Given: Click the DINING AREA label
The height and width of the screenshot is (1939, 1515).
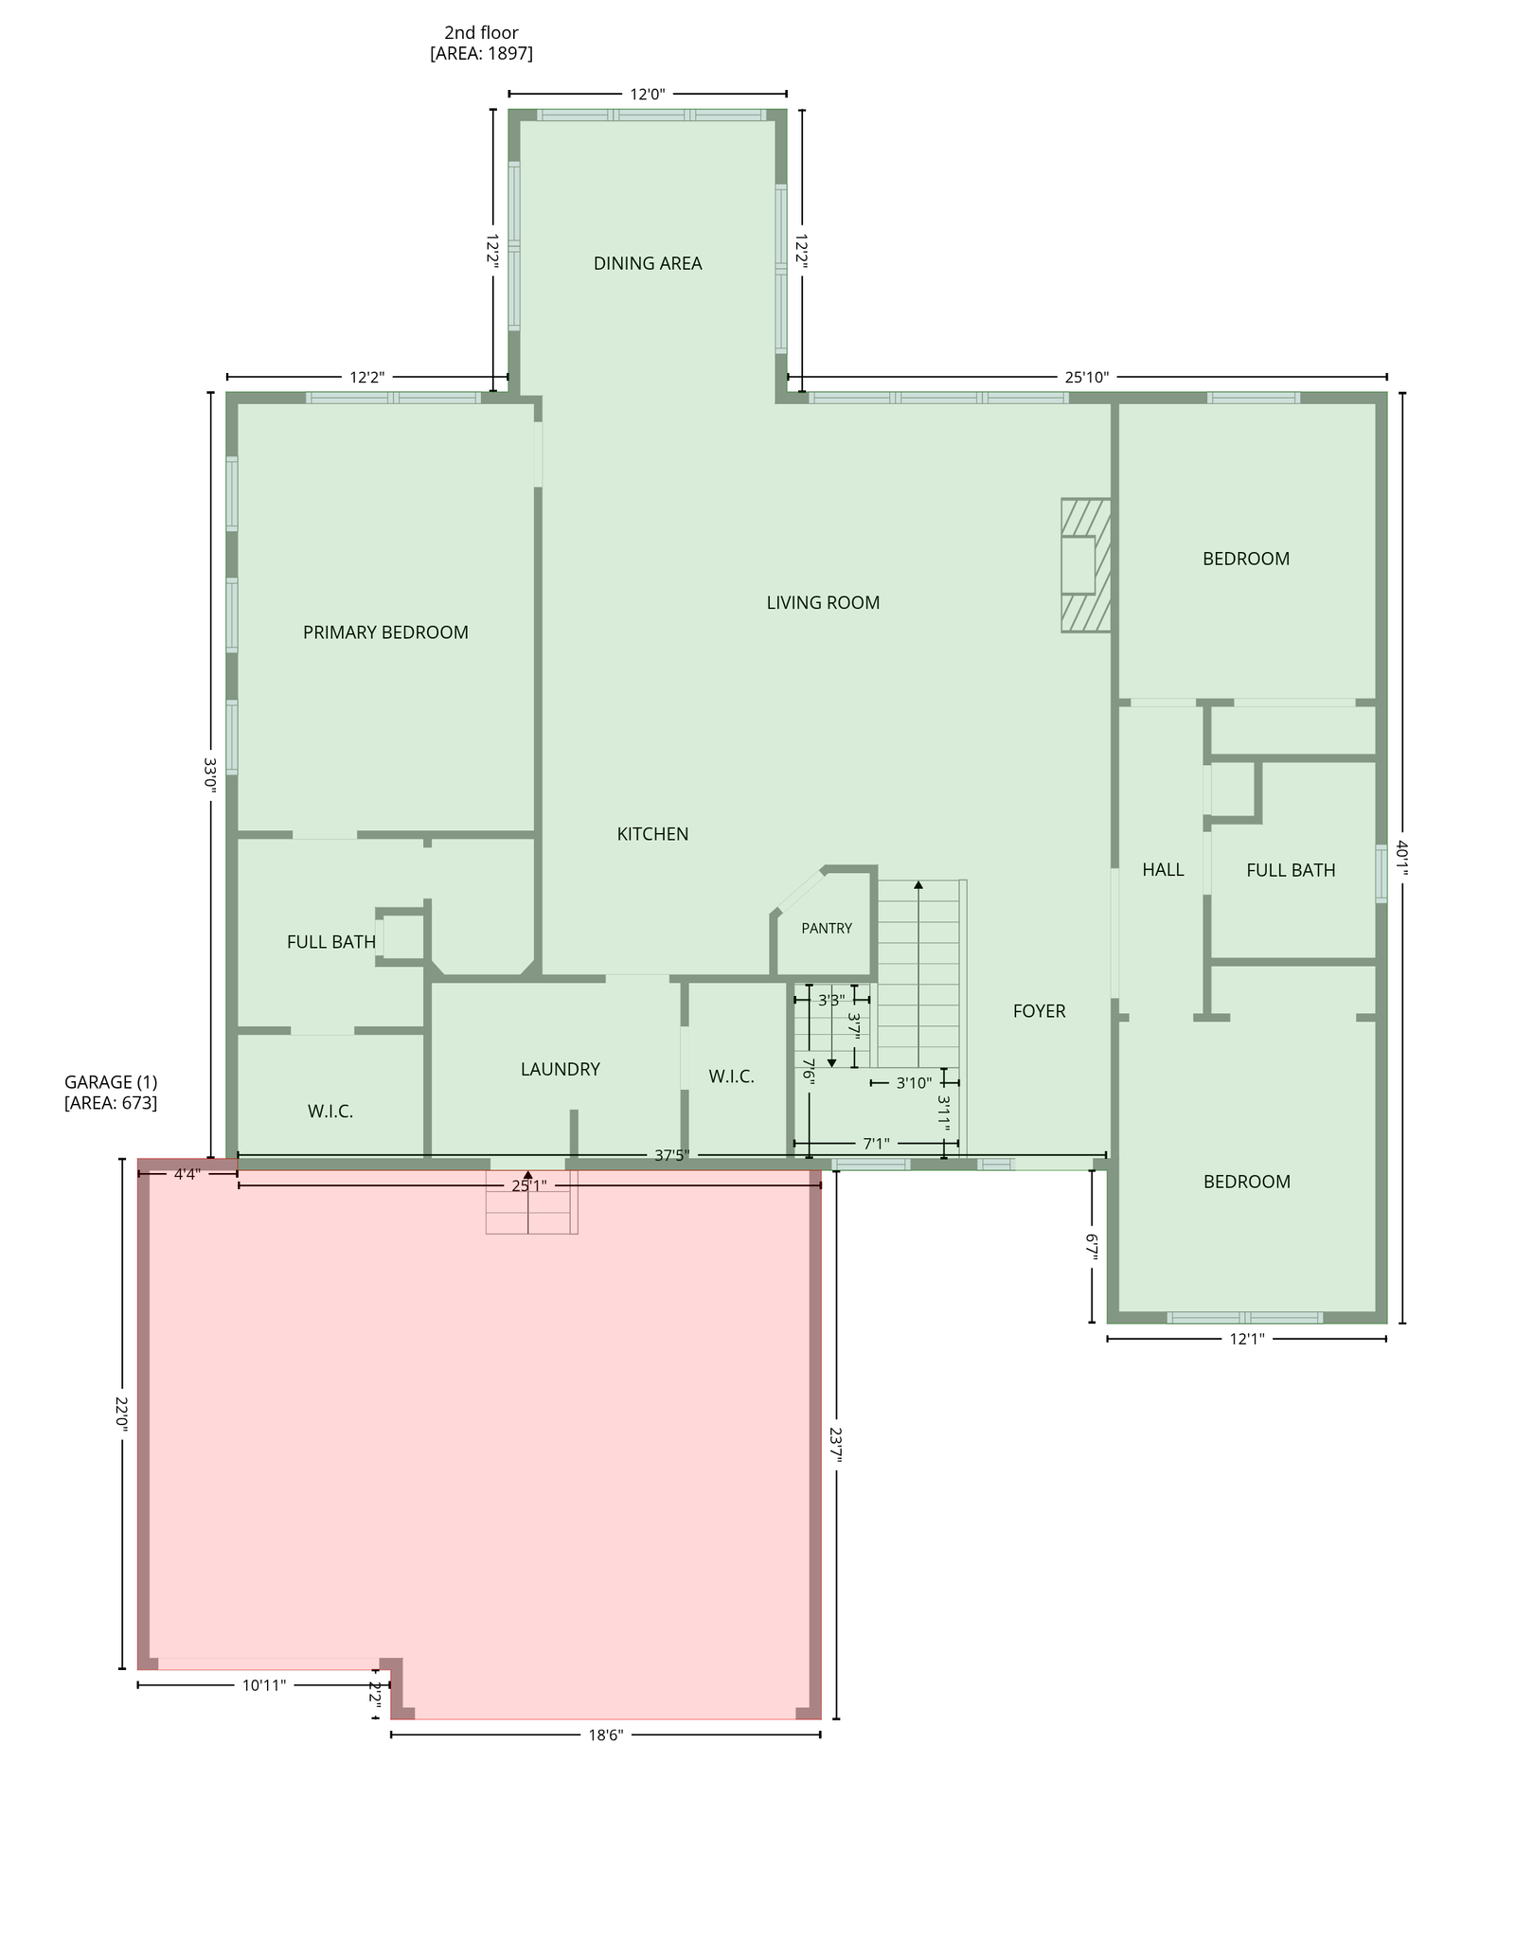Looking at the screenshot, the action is click(648, 263).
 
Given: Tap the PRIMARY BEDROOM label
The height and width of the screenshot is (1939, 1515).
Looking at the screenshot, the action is click(385, 632).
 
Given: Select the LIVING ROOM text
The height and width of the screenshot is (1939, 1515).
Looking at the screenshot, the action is click(823, 602).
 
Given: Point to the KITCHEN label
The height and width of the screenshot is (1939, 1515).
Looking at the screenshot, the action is click(652, 834).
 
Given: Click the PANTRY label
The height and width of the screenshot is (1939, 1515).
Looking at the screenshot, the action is click(827, 929).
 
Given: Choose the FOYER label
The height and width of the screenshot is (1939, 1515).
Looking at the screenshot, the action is click(1039, 1011).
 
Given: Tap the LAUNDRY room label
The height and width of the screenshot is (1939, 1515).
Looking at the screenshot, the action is click(561, 1069).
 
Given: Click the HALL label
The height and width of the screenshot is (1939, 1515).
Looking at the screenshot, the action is click(1163, 869).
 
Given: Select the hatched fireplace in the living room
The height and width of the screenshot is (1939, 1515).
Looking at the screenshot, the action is click(1085, 565).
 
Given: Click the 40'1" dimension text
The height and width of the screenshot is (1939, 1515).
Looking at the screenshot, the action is click(1401, 859).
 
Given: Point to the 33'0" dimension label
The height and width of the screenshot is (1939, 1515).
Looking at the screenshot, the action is click(210, 774).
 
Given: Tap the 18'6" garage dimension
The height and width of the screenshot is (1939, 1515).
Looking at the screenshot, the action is click(605, 1734).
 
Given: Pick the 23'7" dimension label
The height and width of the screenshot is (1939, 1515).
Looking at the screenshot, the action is click(835, 1446).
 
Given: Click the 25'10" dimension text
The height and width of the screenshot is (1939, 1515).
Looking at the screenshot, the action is click(1086, 377).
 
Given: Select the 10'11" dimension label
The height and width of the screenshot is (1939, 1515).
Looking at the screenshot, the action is click(264, 1685).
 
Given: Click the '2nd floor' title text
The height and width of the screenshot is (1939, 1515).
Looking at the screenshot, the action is click(481, 33).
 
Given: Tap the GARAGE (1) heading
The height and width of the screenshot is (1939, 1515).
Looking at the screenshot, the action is click(111, 1082).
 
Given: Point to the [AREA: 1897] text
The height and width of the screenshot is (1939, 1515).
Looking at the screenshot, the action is click(481, 54).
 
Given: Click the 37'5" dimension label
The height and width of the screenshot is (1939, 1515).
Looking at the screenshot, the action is click(671, 1155).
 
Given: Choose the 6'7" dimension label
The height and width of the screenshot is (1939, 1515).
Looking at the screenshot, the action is click(1092, 1247).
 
